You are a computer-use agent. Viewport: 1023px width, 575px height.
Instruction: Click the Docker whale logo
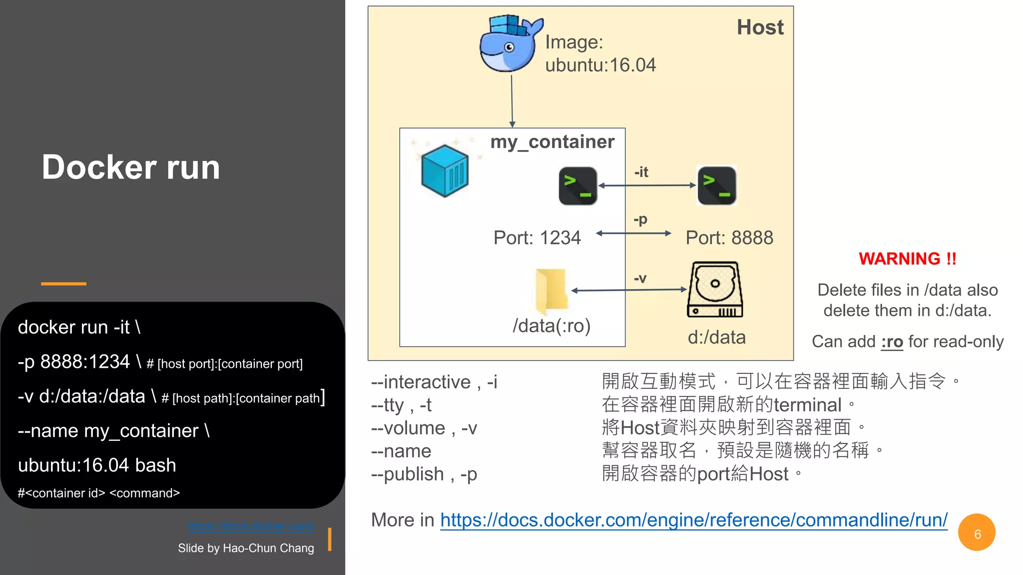(510, 44)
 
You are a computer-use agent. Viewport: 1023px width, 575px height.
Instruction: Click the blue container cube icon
(445, 170)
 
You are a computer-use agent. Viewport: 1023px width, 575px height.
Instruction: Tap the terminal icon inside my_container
(578, 186)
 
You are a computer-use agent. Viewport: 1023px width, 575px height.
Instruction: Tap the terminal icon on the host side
(717, 186)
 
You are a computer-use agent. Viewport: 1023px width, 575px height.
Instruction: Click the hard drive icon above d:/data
(715, 289)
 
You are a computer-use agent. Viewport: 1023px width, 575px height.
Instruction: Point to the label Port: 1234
(537, 238)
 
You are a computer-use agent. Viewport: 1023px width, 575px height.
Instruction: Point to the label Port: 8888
(729, 238)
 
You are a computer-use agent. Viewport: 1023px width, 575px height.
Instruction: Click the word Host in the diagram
(760, 27)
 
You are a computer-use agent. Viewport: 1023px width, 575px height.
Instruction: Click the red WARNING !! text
(907, 259)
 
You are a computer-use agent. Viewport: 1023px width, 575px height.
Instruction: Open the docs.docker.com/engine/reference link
(693, 520)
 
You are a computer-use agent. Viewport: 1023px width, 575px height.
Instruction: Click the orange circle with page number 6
(977, 533)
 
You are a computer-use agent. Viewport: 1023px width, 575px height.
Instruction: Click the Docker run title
(131, 167)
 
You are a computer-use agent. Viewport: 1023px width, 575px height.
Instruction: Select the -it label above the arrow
(641, 172)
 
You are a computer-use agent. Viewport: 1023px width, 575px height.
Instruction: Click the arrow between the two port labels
(633, 233)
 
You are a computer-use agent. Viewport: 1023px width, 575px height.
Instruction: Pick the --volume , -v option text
(424, 428)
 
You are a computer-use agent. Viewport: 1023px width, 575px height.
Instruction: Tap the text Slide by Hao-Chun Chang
(246, 548)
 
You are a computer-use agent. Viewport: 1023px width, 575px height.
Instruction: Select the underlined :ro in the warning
(892, 342)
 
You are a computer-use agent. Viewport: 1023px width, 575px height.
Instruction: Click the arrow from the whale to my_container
(511, 100)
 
